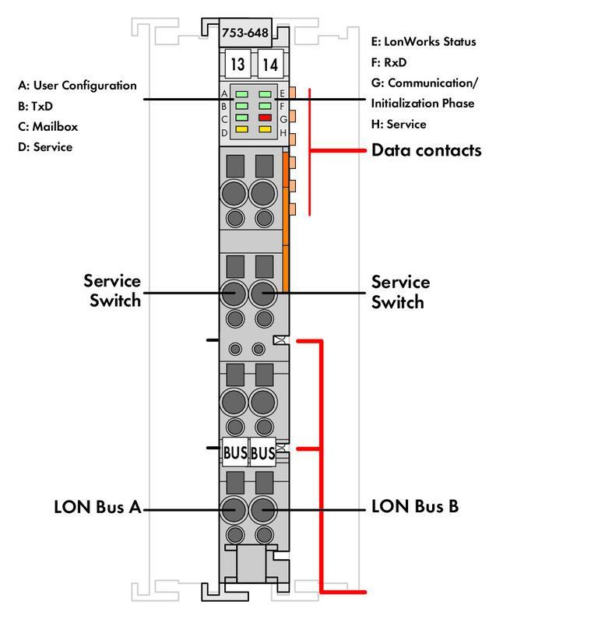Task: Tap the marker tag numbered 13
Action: coord(236,64)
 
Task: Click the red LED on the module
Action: coord(265,117)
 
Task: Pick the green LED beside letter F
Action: coord(265,105)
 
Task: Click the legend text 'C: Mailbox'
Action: coord(48,126)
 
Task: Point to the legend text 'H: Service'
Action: coord(399,124)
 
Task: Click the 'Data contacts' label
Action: coord(426,150)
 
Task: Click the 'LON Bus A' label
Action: coord(97,508)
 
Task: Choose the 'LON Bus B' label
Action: coord(415,508)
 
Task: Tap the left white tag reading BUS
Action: coord(235,452)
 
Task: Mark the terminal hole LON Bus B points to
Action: coord(264,509)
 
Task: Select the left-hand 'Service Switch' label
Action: coord(112,290)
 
